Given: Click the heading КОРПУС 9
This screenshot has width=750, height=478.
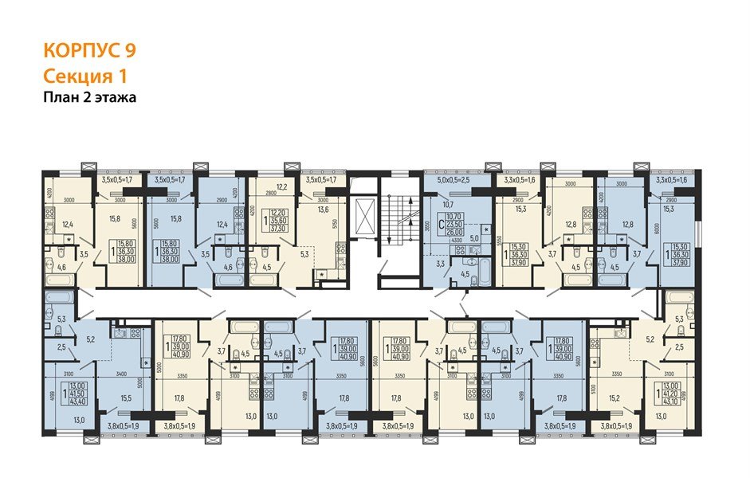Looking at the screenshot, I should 89,50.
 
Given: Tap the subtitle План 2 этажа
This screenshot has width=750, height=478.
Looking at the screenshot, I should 90,98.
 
